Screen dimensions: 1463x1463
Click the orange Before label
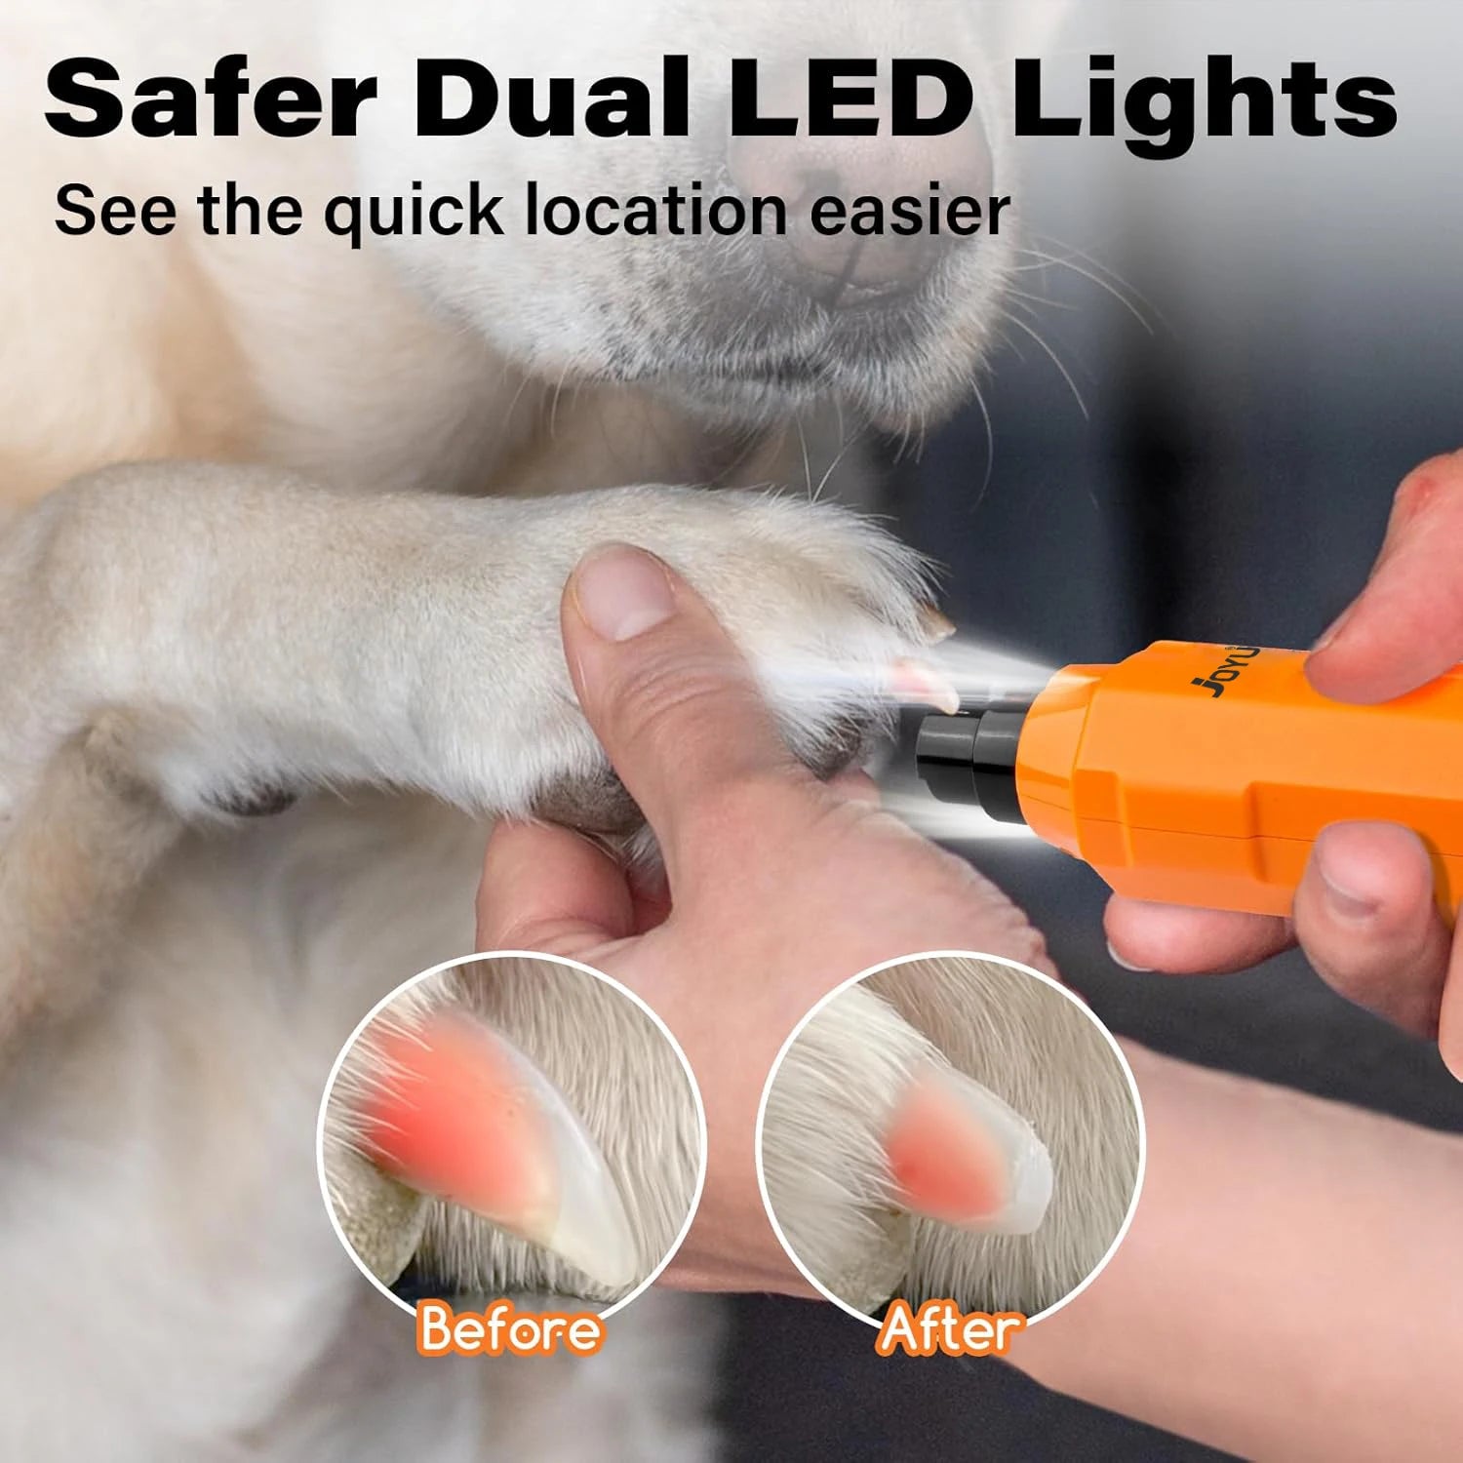point(510,1328)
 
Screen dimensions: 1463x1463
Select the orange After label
point(947,1328)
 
